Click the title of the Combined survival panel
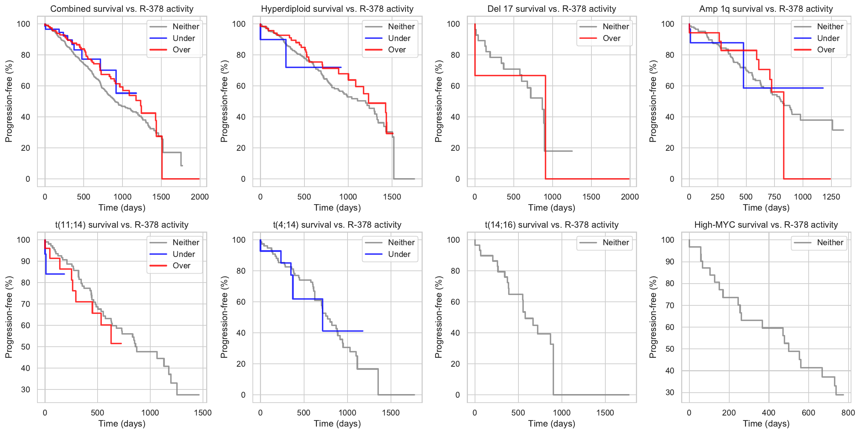click(122, 9)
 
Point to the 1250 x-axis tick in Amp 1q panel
click(831, 197)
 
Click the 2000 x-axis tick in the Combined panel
click(200, 197)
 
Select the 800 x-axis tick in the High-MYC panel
click(848, 413)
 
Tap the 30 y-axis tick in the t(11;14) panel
click(26, 389)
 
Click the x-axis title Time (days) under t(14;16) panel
click(552, 424)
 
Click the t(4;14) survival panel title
click(337, 225)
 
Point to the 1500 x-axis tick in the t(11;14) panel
click(203, 413)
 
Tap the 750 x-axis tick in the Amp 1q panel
click(774, 197)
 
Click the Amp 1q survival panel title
click(766, 9)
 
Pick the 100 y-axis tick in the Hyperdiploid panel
click(239, 24)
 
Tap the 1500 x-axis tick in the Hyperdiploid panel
click(392, 197)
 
